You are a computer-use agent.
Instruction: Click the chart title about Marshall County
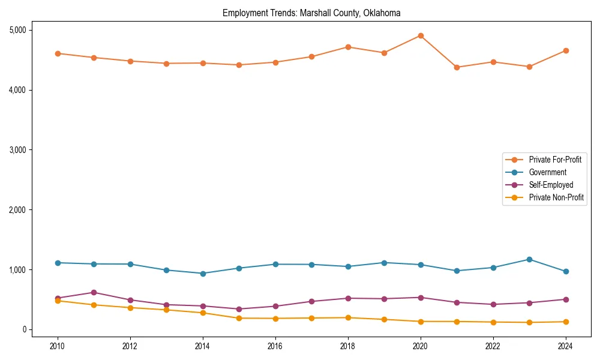click(x=311, y=13)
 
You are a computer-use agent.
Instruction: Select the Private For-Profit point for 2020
click(x=421, y=35)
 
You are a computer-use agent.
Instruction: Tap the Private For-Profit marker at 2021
click(x=457, y=67)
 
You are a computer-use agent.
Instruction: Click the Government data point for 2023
click(x=529, y=259)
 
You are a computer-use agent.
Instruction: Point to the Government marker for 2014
click(x=203, y=274)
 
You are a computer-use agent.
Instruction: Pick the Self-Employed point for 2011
click(x=94, y=292)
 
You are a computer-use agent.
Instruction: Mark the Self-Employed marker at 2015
click(x=239, y=309)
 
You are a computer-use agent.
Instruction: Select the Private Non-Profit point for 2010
click(x=58, y=301)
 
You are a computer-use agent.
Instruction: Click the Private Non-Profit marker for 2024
click(x=566, y=322)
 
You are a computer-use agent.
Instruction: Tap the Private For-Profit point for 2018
click(x=348, y=47)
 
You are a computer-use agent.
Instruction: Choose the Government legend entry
click(x=547, y=172)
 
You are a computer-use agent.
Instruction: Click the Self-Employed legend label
click(x=551, y=185)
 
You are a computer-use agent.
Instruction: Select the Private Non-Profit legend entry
click(x=556, y=197)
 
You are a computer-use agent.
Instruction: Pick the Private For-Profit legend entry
click(x=556, y=160)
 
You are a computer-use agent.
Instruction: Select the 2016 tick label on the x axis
click(x=275, y=346)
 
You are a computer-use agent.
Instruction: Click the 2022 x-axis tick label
click(x=493, y=346)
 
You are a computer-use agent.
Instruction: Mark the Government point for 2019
click(x=384, y=263)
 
